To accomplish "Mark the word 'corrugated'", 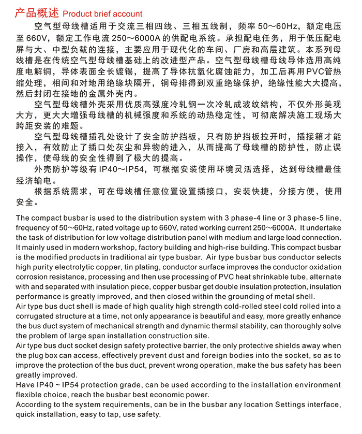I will click(x=36, y=316).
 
